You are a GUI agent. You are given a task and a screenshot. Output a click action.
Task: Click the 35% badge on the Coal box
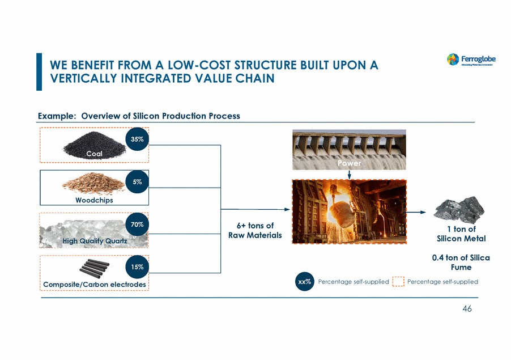point(137,140)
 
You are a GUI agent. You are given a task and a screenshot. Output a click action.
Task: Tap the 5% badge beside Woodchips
point(137,182)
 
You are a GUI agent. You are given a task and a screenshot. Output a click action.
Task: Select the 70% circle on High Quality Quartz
point(137,225)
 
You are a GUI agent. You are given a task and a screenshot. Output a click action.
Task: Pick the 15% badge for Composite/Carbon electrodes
point(137,266)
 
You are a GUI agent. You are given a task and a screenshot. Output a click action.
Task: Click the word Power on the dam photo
point(349,163)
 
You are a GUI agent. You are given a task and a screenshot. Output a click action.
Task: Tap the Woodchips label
point(94,200)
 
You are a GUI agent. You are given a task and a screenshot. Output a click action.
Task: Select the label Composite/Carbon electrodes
point(94,284)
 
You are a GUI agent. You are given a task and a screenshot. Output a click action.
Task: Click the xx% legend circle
point(304,282)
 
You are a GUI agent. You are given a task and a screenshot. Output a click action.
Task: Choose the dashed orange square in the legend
point(398,282)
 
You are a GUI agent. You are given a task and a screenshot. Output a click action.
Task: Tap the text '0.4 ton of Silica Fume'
point(461,262)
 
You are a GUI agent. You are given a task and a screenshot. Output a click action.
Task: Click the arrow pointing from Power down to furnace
point(349,174)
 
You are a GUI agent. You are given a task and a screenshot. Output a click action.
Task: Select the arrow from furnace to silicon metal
point(416,213)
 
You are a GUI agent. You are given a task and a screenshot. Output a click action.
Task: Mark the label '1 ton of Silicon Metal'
point(459,234)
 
